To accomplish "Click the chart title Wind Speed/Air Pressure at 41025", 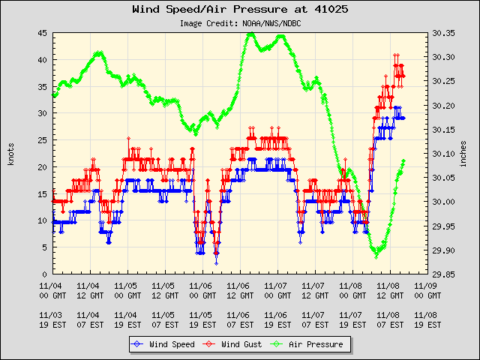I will [x=239, y=10].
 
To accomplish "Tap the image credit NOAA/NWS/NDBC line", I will [x=239, y=23].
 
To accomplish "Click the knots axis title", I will [x=11, y=154].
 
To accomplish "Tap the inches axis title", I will [x=464, y=154].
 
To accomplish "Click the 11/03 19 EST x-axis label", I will [x=51, y=320].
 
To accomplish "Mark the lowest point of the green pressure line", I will [x=376, y=256].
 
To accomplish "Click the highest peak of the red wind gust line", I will [x=396, y=55].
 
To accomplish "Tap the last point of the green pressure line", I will [x=404, y=160].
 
